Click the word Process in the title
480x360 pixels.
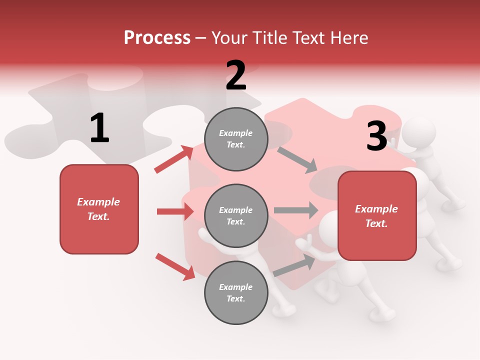[x=157, y=37]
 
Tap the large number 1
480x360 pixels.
[x=99, y=128]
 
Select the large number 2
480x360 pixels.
[x=236, y=75]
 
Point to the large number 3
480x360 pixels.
[x=376, y=136]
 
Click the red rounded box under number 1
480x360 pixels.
[x=99, y=209]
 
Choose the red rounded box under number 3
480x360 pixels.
[x=377, y=215]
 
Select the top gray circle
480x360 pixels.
[x=236, y=139]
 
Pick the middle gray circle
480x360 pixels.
[x=236, y=215]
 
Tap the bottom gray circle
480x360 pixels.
[x=236, y=292]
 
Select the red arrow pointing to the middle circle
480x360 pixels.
[x=175, y=211]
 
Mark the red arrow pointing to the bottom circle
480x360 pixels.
[x=175, y=266]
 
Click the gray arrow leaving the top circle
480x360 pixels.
[x=297, y=159]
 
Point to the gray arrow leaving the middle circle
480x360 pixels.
[x=296, y=210]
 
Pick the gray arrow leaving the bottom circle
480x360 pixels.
[x=294, y=265]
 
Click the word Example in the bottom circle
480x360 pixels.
[x=236, y=287]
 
